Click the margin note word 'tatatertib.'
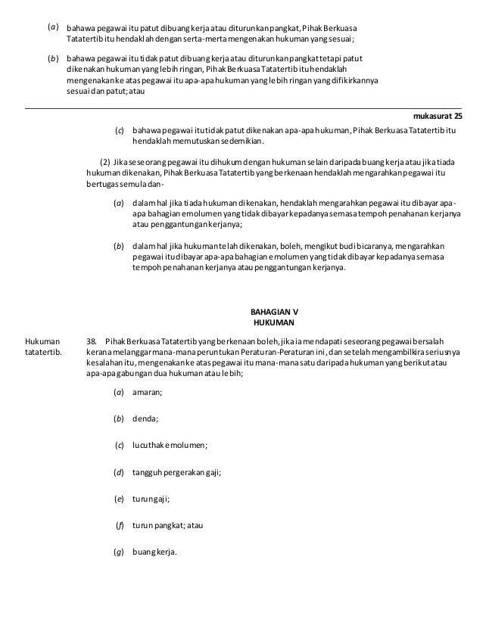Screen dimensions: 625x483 coord(45,352)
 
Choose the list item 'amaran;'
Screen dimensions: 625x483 coord(147,392)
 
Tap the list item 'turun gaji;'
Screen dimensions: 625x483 coord(151,499)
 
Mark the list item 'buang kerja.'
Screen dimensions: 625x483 coord(154,551)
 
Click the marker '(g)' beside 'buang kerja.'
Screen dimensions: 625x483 coord(119,551)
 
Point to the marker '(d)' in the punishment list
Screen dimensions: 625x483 coord(119,472)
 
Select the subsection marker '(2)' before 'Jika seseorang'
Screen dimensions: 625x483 coord(105,161)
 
